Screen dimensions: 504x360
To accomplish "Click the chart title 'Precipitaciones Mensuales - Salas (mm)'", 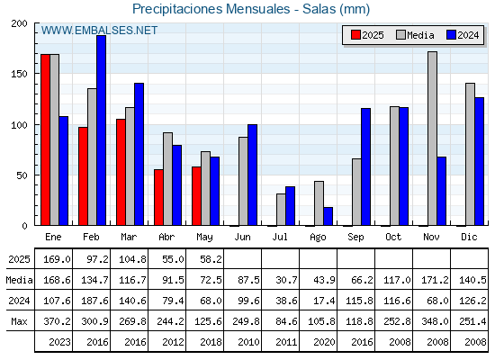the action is tap(251, 9).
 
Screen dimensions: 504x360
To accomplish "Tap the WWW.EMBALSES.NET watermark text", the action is tap(99, 31).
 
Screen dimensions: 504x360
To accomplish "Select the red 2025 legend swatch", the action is tap(355, 35).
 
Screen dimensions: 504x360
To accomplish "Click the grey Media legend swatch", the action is tap(400, 35).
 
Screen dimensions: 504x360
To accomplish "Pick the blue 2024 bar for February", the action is tap(101, 130).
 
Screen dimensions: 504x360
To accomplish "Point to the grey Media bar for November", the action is tap(432, 139).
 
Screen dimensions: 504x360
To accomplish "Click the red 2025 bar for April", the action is tap(158, 197).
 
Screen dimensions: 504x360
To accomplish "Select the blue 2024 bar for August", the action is tap(328, 216).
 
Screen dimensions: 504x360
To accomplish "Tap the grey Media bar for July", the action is tap(281, 210).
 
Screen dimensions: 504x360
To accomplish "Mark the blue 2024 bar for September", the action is tap(365, 166).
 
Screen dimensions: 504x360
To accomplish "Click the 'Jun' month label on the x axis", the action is tap(242, 237).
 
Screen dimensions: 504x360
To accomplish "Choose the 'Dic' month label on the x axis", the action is tap(469, 237).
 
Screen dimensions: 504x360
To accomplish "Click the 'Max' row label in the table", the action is tap(19, 321).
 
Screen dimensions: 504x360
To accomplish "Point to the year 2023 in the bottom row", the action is tap(59, 342).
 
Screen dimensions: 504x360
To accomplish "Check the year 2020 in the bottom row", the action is tap(324, 342).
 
